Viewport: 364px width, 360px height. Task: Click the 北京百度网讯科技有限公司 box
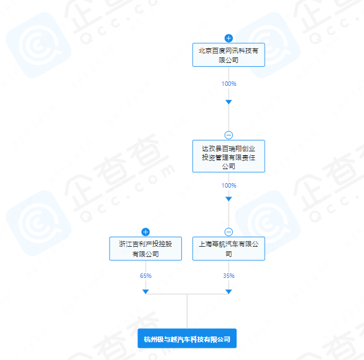pyautogui.click(x=228, y=55)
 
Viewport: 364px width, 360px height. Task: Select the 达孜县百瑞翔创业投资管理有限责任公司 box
pyautogui.click(x=228, y=156)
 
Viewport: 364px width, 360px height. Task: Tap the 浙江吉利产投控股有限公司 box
pyautogui.click(x=146, y=249)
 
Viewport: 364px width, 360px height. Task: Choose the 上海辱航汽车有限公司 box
pyautogui.click(x=228, y=249)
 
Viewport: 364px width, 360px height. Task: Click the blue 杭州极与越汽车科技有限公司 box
pyautogui.click(x=187, y=338)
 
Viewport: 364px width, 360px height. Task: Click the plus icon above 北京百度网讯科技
pyautogui.click(x=228, y=38)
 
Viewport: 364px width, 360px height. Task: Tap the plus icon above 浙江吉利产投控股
pyautogui.click(x=146, y=232)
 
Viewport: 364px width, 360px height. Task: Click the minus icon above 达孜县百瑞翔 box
pyautogui.click(x=228, y=135)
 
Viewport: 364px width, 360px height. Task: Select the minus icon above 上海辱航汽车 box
pyautogui.click(x=228, y=232)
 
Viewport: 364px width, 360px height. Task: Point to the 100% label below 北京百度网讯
pyautogui.click(x=229, y=84)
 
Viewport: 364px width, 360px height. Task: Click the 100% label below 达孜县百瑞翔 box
pyautogui.click(x=229, y=186)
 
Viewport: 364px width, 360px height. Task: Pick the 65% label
pyautogui.click(x=146, y=276)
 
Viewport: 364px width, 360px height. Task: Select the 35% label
pyautogui.click(x=229, y=276)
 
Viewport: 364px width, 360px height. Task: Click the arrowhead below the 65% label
pyautogui.click(x=146, y=291)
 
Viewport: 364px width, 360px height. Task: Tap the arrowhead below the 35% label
pyautogui.click(x=228, y=291)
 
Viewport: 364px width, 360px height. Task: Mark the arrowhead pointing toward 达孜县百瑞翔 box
pyautogui.click(x=228, y=102)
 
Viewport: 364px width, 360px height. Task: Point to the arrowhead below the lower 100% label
pyautogui.click(x=228, y=199)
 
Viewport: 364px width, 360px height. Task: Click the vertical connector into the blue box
pyautogui.click(x=187, y=311)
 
